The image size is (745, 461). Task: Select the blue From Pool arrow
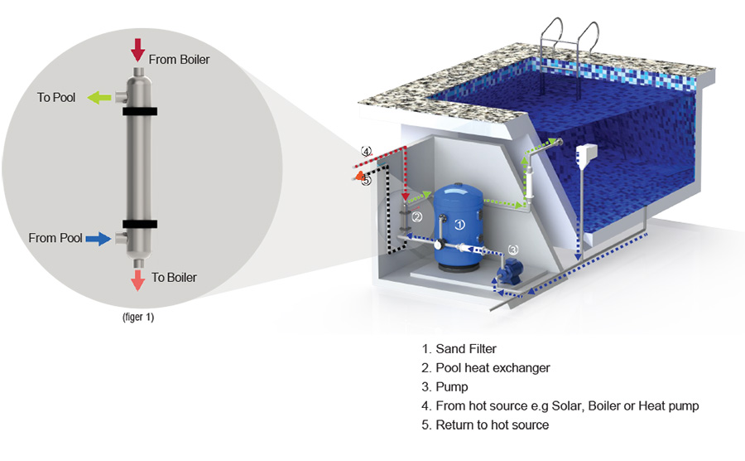click(x=99, y=239)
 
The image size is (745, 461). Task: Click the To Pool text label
click(x=56, y=97)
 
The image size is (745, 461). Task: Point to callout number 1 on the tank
click(x=461, y=223)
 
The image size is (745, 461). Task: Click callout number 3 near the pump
click(x=513, y=249)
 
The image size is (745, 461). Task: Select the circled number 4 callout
click(x=365, y=152)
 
